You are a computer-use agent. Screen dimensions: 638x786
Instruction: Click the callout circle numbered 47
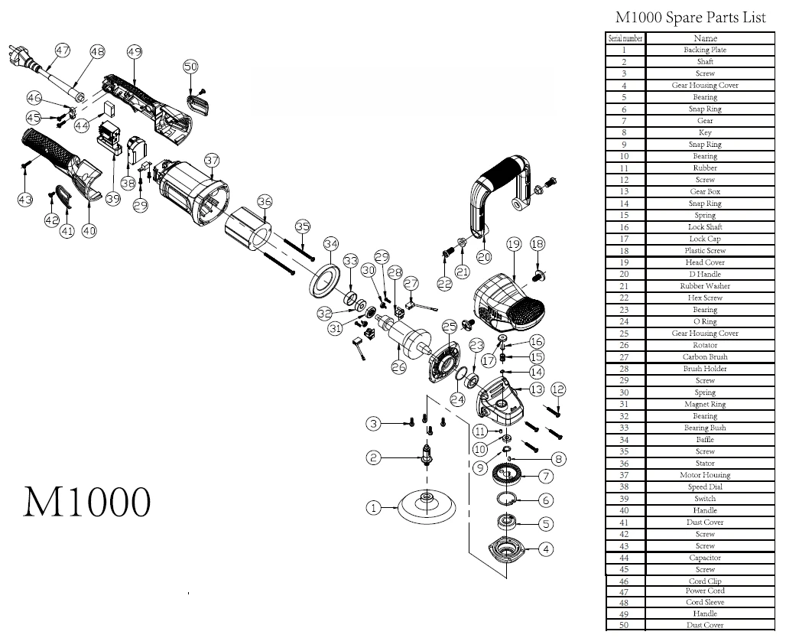pos(63,50)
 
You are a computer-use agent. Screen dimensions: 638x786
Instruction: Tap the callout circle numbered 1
pos(373,507)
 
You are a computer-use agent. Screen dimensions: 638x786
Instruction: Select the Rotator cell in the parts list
pos(704,345)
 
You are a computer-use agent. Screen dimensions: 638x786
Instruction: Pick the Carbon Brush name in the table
pos(704,357)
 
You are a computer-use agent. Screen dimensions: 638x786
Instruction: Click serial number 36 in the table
pos(624,464)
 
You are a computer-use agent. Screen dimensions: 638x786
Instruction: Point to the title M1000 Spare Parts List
pos(690,18)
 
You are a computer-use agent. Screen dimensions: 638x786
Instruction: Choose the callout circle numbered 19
pos(513,244)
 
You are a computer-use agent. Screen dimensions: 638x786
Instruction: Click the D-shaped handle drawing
pos(497,191)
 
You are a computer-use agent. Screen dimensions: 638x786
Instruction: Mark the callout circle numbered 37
pos(212,161)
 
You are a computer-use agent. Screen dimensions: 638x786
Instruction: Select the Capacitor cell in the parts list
pos(704,558)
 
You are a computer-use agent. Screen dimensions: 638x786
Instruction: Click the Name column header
pos(704,38)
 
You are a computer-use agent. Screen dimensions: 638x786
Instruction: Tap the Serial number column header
pos(625,38)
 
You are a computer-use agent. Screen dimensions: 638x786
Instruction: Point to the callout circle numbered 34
pos(331,244)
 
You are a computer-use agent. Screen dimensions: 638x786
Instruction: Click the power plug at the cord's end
pos(21,55)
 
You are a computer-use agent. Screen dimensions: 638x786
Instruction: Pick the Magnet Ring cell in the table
pos(704,404)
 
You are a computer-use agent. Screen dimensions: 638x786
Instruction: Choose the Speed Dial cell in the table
pos(704,487)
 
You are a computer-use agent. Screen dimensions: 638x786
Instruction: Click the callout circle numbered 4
pos(546,548)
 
